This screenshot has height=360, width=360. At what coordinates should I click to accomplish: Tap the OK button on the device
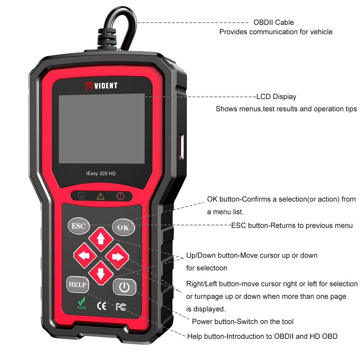click(123, 227)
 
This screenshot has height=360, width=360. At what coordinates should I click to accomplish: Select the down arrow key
click(100, 273)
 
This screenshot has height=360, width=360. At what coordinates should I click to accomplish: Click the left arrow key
click(85, 256)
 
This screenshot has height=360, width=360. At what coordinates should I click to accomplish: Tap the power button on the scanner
click(125, 287)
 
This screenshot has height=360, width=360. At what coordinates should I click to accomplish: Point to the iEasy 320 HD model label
click(101, 174)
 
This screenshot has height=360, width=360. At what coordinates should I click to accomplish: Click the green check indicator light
click(81, 196)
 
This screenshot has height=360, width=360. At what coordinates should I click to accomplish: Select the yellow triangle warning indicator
click(100, 196)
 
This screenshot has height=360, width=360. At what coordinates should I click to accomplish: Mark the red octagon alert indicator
click(120, 196)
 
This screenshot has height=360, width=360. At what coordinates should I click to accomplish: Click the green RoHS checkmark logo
click(82, 303)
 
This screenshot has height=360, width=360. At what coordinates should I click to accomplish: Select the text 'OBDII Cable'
click(274, 22)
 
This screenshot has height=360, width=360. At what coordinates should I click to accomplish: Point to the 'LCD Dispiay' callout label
click(276, 96)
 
